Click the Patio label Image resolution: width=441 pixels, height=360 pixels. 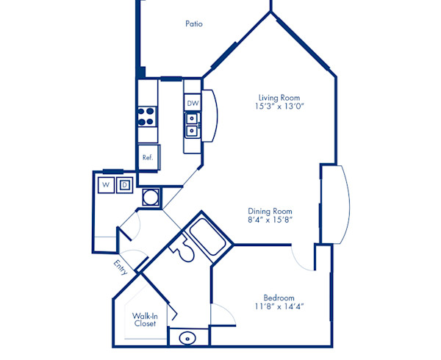coord(194,24)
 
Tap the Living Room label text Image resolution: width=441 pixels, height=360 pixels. coord(279,98)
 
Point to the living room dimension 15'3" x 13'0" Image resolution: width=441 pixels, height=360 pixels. coord(279,107)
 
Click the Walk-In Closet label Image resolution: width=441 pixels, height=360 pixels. coord(146,320)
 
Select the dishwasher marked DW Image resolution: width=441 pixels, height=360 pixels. coord(192,104)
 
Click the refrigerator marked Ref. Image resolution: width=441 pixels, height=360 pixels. coord(148,156)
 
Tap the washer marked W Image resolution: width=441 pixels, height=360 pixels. coord(107,184)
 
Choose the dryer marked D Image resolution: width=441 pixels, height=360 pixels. coord(125,184)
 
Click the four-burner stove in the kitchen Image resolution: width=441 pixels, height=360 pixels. coord(147,115)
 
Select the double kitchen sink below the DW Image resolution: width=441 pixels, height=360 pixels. coord(192,124)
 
